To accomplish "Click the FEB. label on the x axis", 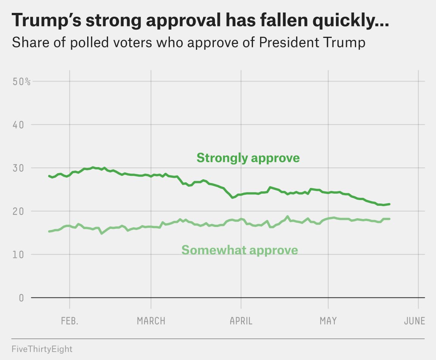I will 70,321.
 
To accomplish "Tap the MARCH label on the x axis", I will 151,321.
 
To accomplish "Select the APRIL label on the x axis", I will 241,321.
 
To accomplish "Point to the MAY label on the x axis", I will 328,321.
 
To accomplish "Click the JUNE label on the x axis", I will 414,321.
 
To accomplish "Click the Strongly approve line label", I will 248,158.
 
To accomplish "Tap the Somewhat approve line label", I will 240,250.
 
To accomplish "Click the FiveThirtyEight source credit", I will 42,349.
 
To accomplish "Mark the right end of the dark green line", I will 389,204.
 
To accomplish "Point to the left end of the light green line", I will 49,231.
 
